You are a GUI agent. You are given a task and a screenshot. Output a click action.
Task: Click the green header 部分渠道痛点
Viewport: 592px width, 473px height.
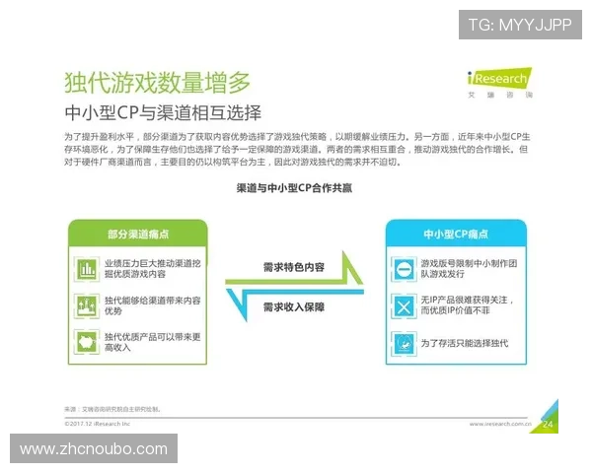(137, 234)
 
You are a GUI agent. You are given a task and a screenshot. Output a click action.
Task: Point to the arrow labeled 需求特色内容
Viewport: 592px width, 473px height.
(294, 267)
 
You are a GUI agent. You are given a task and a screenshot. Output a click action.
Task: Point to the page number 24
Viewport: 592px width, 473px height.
(550, 424)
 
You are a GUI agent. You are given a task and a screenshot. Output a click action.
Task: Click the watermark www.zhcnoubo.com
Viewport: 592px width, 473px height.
(94, 449)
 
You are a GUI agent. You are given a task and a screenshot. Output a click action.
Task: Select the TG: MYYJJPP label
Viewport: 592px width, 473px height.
(520, 25)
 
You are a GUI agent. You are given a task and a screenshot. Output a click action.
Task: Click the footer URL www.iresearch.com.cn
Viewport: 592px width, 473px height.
(502, 425)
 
